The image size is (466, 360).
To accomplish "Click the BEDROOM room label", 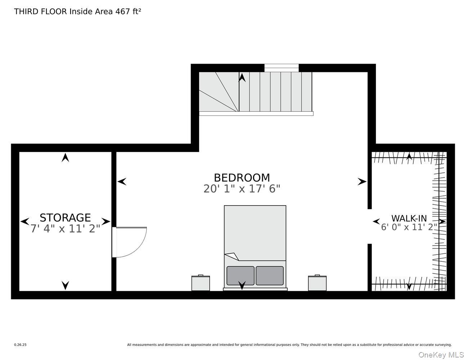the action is tap(242, 177).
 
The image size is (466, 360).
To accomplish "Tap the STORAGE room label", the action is tap(65, 218).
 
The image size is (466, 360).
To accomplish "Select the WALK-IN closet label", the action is tap(409, 219).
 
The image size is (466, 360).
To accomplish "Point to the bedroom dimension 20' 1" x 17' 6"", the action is tap(242, 189).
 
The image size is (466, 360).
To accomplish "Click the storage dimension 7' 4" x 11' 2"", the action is tap(65, 229).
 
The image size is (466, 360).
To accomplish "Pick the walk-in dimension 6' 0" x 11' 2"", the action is tap(409, 227).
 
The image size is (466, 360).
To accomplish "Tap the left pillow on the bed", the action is tap(241, 276).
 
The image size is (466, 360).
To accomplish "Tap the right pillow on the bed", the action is tap(270, 276).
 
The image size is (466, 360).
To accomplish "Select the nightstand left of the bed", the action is tap(201, 283).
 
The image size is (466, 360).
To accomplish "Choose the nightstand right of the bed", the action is tap(317, 283).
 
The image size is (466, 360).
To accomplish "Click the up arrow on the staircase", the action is tap(242, 77).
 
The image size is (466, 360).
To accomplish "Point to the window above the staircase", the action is tap(281, 68).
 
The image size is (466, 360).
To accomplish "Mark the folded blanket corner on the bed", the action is tap(232, 256).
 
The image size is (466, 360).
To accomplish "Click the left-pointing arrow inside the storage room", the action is tap(25, 221).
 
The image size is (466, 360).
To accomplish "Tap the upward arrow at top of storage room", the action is tap(65, 158).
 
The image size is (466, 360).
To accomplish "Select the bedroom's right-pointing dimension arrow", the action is tap(362, 182).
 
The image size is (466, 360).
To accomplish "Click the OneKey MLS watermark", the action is tap(441, 355).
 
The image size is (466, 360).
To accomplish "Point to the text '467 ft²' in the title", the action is tap(128, 12).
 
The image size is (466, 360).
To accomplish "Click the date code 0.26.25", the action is tap(21, 345).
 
